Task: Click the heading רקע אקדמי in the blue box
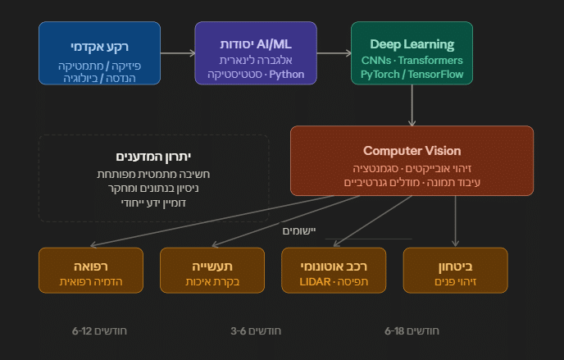pos(95,44)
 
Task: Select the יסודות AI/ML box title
pos(255,44)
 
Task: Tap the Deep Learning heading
pos(412,44)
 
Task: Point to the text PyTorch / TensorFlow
pos(412,75)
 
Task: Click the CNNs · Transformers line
pos(412,61)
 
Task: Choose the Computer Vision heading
pos(412,151)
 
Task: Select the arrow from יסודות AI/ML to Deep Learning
pos(334,53)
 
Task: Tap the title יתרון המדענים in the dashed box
pos(153,157)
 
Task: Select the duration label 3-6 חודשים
pos(256,330)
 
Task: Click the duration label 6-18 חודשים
pos(412,330)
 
